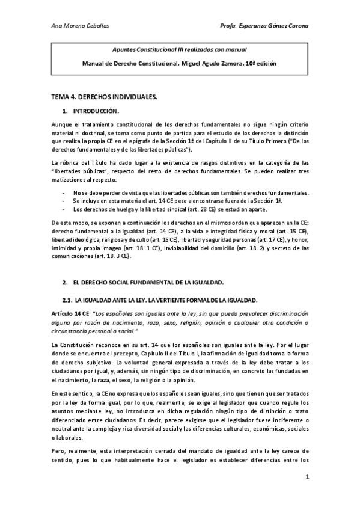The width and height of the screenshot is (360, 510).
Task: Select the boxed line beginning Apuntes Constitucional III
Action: pyautogui.click(x=180, y=50)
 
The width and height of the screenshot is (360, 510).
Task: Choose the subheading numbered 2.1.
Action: pyautogui.click(x=160, y=300)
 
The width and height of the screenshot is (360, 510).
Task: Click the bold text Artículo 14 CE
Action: pyautogui.click(x=72, y=313)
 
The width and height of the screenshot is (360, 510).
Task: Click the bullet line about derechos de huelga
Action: pyautogui.click(x=159, y=209)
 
